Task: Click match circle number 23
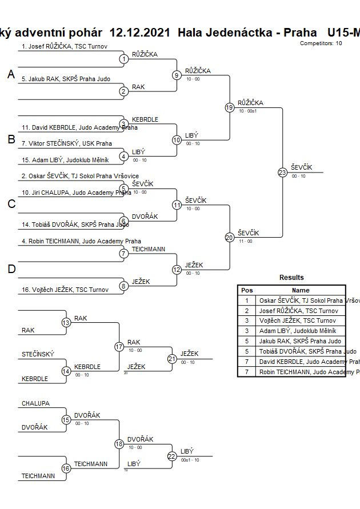pos(282,173)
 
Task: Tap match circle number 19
pos(230,107)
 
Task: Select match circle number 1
pos(124,59)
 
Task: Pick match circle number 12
pos(177,270)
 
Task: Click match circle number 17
pos(119,347)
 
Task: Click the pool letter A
pos(11,74)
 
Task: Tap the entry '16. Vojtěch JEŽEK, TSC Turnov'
pos(65,290)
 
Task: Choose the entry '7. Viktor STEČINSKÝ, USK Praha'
pos(67,143)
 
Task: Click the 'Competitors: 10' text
pos(321,43)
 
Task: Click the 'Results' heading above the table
pos(291,278)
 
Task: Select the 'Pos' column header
pos(247,290)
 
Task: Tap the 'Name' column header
pos(301,290)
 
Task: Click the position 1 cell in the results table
pos(247,300)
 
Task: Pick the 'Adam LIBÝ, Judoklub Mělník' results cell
pos(298,331)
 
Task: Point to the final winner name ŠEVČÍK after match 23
pos(301,167)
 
